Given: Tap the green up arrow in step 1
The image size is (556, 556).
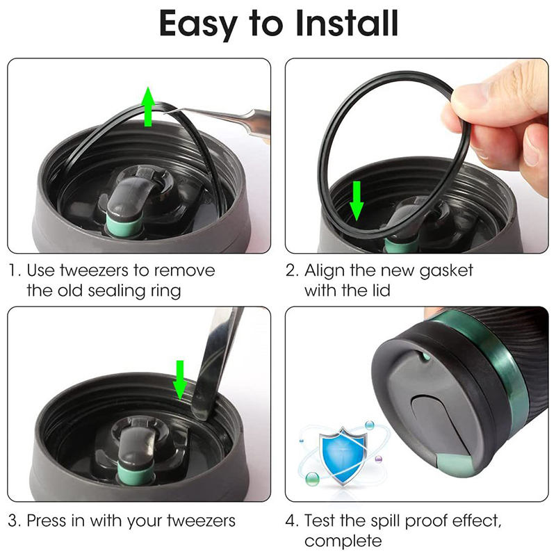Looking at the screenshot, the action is coord(148,106).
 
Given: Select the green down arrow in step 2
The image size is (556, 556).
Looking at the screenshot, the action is coord(357,201).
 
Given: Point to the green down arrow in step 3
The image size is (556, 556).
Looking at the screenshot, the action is coord(180,380).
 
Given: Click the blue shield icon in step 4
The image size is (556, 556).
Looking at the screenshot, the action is coord(342,455).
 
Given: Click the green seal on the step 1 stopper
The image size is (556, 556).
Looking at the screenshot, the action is coord(123,226).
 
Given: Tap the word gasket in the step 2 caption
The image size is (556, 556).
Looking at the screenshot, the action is coord(446,272).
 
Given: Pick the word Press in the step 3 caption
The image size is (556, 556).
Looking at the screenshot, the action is coord(47,521).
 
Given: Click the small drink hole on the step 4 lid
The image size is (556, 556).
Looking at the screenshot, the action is coord(424,356).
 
